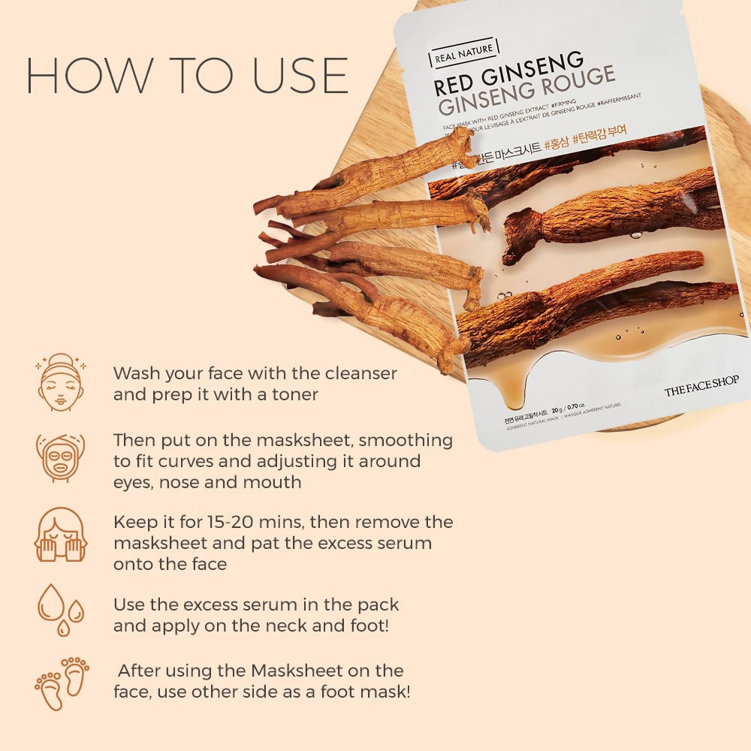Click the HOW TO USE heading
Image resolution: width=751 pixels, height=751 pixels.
click(187, 75)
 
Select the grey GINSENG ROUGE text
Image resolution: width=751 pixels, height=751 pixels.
click(525, 95)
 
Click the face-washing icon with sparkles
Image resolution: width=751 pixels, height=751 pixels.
click(60, 384)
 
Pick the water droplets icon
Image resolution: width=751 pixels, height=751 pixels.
click(60, 610)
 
